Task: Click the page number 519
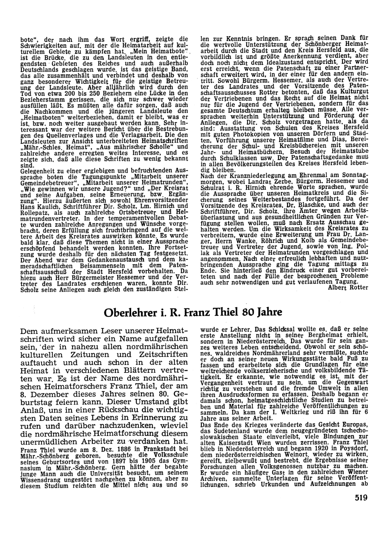pyautogui.click(x=360, y=498)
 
